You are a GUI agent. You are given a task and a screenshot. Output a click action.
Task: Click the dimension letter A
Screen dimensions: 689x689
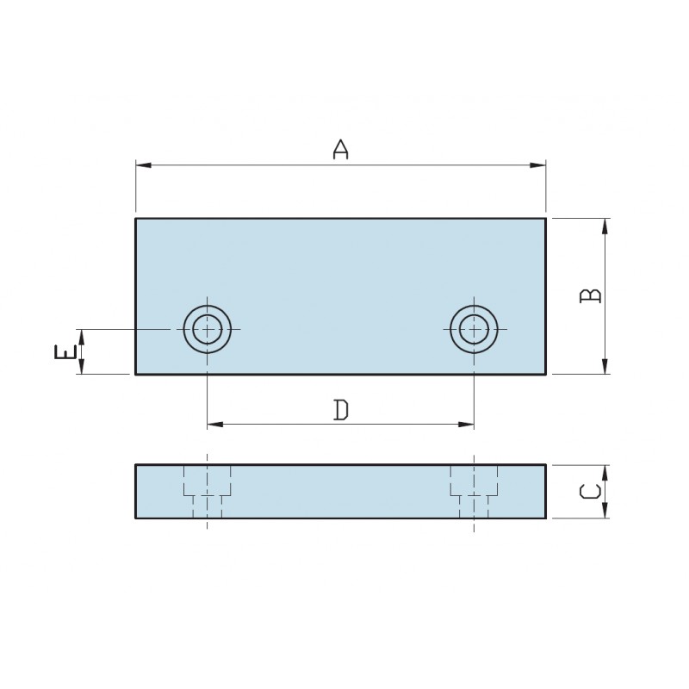point(340,150)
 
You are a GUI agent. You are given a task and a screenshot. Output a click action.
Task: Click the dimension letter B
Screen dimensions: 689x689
point(590,295)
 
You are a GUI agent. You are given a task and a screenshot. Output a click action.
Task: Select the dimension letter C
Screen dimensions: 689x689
point(590,491)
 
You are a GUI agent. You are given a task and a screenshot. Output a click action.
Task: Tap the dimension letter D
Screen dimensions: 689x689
point(341,410)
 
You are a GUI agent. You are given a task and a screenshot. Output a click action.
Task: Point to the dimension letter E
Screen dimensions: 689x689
point(65,352)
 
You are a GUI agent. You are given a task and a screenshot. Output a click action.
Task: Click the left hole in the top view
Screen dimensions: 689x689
point(208,329)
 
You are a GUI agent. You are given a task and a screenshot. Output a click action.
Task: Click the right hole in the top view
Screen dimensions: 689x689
point(474,329)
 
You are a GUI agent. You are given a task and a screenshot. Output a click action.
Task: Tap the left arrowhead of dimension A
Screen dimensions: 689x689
point(144,165)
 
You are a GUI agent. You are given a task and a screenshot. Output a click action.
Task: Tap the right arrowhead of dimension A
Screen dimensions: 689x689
point(537,165)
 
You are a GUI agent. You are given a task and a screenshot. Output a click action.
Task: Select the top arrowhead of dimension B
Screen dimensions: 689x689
point(605,227)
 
